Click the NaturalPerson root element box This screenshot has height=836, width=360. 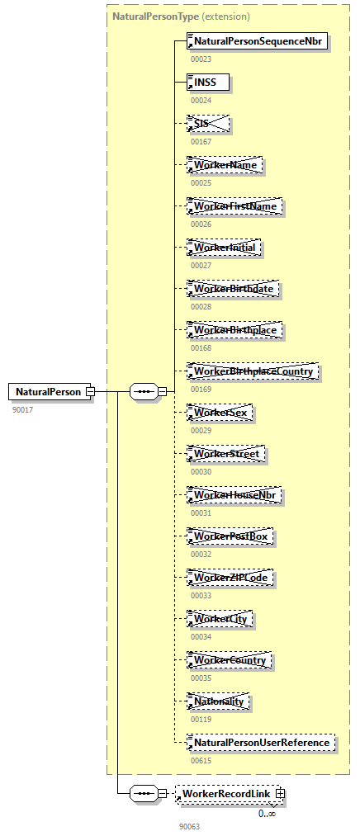click(x=48, y=391)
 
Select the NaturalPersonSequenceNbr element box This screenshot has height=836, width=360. click(x=258, y=40)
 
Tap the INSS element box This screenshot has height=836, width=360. click(x=207, y=83)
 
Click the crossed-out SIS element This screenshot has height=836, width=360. click(x=207, y=124)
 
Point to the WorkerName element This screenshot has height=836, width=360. click(x=225, y=165)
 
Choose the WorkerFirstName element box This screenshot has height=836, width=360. click(x=234, y=206)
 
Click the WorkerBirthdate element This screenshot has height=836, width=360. click(x=234, y=289)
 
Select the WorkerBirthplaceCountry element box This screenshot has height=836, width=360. click(x=253, y=371)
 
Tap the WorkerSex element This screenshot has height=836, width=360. click(x=219, y=413)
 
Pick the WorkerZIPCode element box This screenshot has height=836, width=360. click(x=230, y=578)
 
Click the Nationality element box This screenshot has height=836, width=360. click(x=219, y=701)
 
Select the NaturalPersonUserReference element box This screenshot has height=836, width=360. click(x=261, y=743)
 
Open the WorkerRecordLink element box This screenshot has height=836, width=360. click(x=225, y=793)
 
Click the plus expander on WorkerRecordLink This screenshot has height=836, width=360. click(x=281, y=793)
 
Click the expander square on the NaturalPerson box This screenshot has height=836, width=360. click(x=91, y=391)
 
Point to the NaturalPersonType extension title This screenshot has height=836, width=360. click(x=181, y=16)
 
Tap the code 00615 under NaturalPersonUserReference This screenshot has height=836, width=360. click(x=201, y=760)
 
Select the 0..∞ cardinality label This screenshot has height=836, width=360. click(x=267, y=813)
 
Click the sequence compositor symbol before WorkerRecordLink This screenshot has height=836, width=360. click(x=144, y=793)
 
